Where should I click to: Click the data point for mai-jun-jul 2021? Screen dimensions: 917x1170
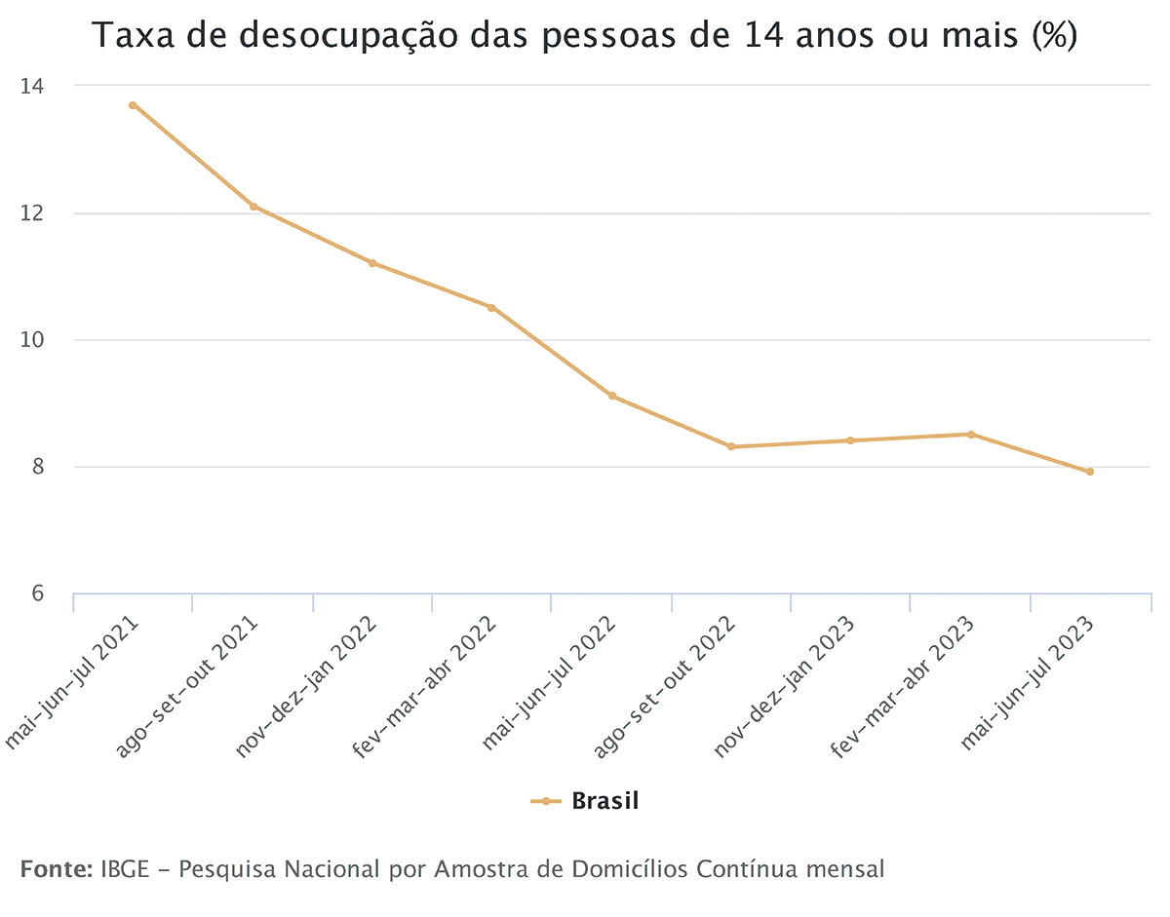[133, 105]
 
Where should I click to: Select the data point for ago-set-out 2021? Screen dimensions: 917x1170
[253, 207]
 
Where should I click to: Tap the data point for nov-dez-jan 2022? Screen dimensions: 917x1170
[372, 263]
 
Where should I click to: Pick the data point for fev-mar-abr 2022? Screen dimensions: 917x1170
[491, 308]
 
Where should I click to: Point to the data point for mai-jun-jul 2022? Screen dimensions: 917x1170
[611, 396]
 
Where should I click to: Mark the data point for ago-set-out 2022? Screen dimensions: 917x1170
[731, 446]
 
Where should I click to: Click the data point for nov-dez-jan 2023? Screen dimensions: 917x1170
[850, 440]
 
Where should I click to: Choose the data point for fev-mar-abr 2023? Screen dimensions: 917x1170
[970, 435]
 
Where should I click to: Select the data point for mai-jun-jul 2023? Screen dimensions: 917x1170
[1090, 472]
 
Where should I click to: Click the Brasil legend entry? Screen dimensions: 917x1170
[604, 801]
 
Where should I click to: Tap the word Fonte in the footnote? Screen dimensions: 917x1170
[56, 868]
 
